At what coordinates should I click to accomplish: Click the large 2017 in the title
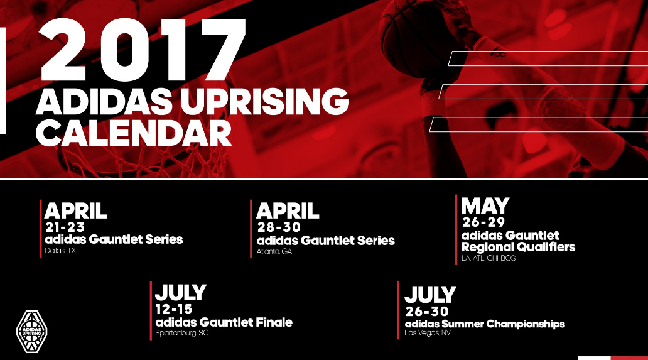[143, 50]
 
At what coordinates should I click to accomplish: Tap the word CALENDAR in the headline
[134, 133]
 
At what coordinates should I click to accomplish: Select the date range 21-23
[65, 227]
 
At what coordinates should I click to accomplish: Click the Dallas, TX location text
[60, 251]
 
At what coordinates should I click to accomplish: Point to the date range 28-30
[279, 227]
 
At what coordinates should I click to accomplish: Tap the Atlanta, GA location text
[274, 251]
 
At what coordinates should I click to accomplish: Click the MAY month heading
[485, 206]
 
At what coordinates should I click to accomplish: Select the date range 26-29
[483, 222]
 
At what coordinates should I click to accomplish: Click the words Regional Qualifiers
[518, 247]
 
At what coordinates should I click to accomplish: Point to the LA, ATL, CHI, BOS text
[489, 258]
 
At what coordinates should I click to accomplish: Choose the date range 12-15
[174, 309]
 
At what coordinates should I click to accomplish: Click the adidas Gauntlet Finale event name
[224, 322]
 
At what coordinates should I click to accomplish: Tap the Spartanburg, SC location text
[182, 333]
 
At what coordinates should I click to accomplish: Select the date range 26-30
[427, 311]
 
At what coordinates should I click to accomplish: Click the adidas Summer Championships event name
[485, 324]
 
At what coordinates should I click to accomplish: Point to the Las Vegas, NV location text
[428, 333]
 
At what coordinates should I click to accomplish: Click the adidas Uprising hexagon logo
[32, 332]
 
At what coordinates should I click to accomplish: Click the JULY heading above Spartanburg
[181, 293]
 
